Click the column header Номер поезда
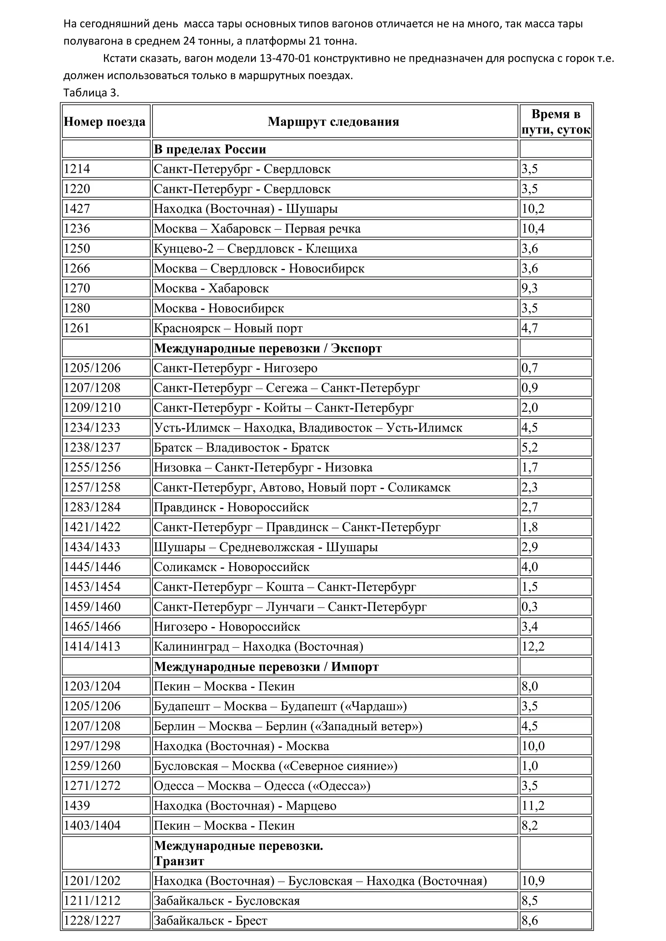coord(105,122)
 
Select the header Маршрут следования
coord(333,122)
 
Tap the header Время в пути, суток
coord(555,122)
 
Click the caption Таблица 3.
coord(91,93)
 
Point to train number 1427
coord(77,209)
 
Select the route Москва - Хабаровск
coord(211,288)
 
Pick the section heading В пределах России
coord(210,149)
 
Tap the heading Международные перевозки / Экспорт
coord(267,348)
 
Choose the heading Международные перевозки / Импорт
coord(266,666)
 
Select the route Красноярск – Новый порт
coord(228,328)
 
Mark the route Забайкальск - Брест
coord(210,921)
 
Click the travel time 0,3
coord(529,607)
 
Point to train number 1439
coord(77,806)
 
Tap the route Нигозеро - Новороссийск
coord(227,626)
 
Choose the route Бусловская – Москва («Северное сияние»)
coord(275,766)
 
